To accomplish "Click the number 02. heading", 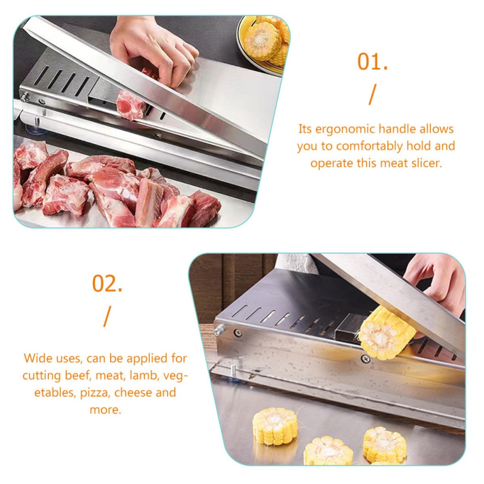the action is coord(107,283).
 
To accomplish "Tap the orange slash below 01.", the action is coord(372,95).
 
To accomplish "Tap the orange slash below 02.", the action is coord(107,317).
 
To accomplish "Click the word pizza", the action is coord(94,393).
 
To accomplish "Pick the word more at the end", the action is coord(105,410).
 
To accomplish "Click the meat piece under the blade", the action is coord(131,105).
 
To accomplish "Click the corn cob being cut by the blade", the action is coord(387,333).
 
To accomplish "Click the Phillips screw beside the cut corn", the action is coord(366,359).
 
